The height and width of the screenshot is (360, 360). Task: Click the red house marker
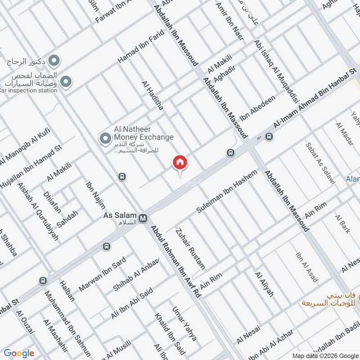tap(180, 162)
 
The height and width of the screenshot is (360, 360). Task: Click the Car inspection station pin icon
tap(66, 81)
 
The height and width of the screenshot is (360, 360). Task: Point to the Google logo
tap(19, 353)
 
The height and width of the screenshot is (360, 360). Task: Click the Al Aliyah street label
tap(264, 284)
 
